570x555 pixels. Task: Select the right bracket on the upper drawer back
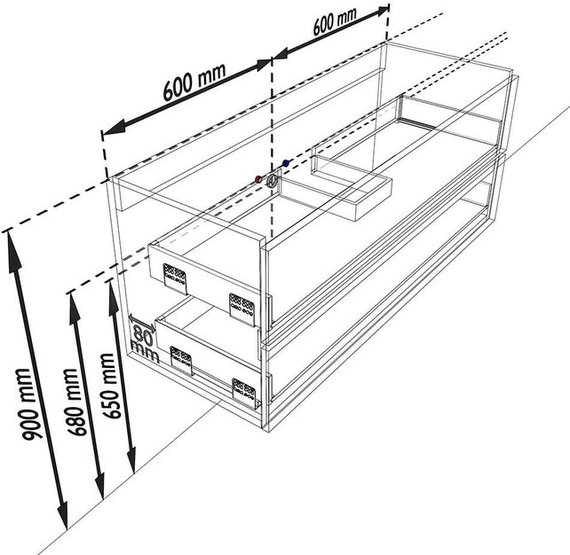coord(241,305)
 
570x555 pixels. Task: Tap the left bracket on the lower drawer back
coord(181,360)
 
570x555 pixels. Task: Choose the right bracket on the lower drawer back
coord(244,388)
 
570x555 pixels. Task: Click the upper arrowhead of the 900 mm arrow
coord(13,238)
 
